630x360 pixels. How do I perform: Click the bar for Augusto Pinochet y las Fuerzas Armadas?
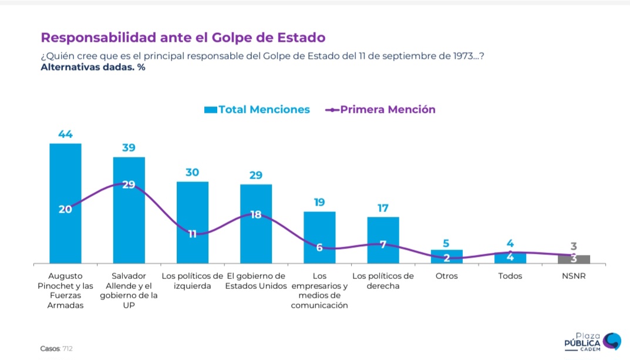[66, 203]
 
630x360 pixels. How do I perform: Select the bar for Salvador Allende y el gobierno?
[129, 210]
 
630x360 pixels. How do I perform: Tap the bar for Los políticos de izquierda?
[193, 223]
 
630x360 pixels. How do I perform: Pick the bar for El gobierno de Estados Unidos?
[256, 224]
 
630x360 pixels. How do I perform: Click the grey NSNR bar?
[574, 260]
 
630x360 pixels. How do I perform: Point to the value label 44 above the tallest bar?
[66, 134]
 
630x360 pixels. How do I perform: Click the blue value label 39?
[129, 148]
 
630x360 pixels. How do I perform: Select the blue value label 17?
[383, 208]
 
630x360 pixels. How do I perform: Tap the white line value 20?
[65, 209]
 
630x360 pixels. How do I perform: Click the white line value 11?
[193, 234]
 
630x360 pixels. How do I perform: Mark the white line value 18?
[256, 215]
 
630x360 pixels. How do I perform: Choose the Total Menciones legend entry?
[257, 110]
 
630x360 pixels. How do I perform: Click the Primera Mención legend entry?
[380, 110]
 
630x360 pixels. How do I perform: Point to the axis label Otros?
[447, 276]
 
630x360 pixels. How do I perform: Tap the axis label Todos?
[510, 276]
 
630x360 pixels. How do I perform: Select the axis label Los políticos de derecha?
[383, 281]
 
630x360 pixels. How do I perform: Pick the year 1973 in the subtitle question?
[463, 56]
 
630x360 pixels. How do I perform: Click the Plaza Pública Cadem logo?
[592, 342]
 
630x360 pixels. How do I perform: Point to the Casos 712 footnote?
[56, 349]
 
